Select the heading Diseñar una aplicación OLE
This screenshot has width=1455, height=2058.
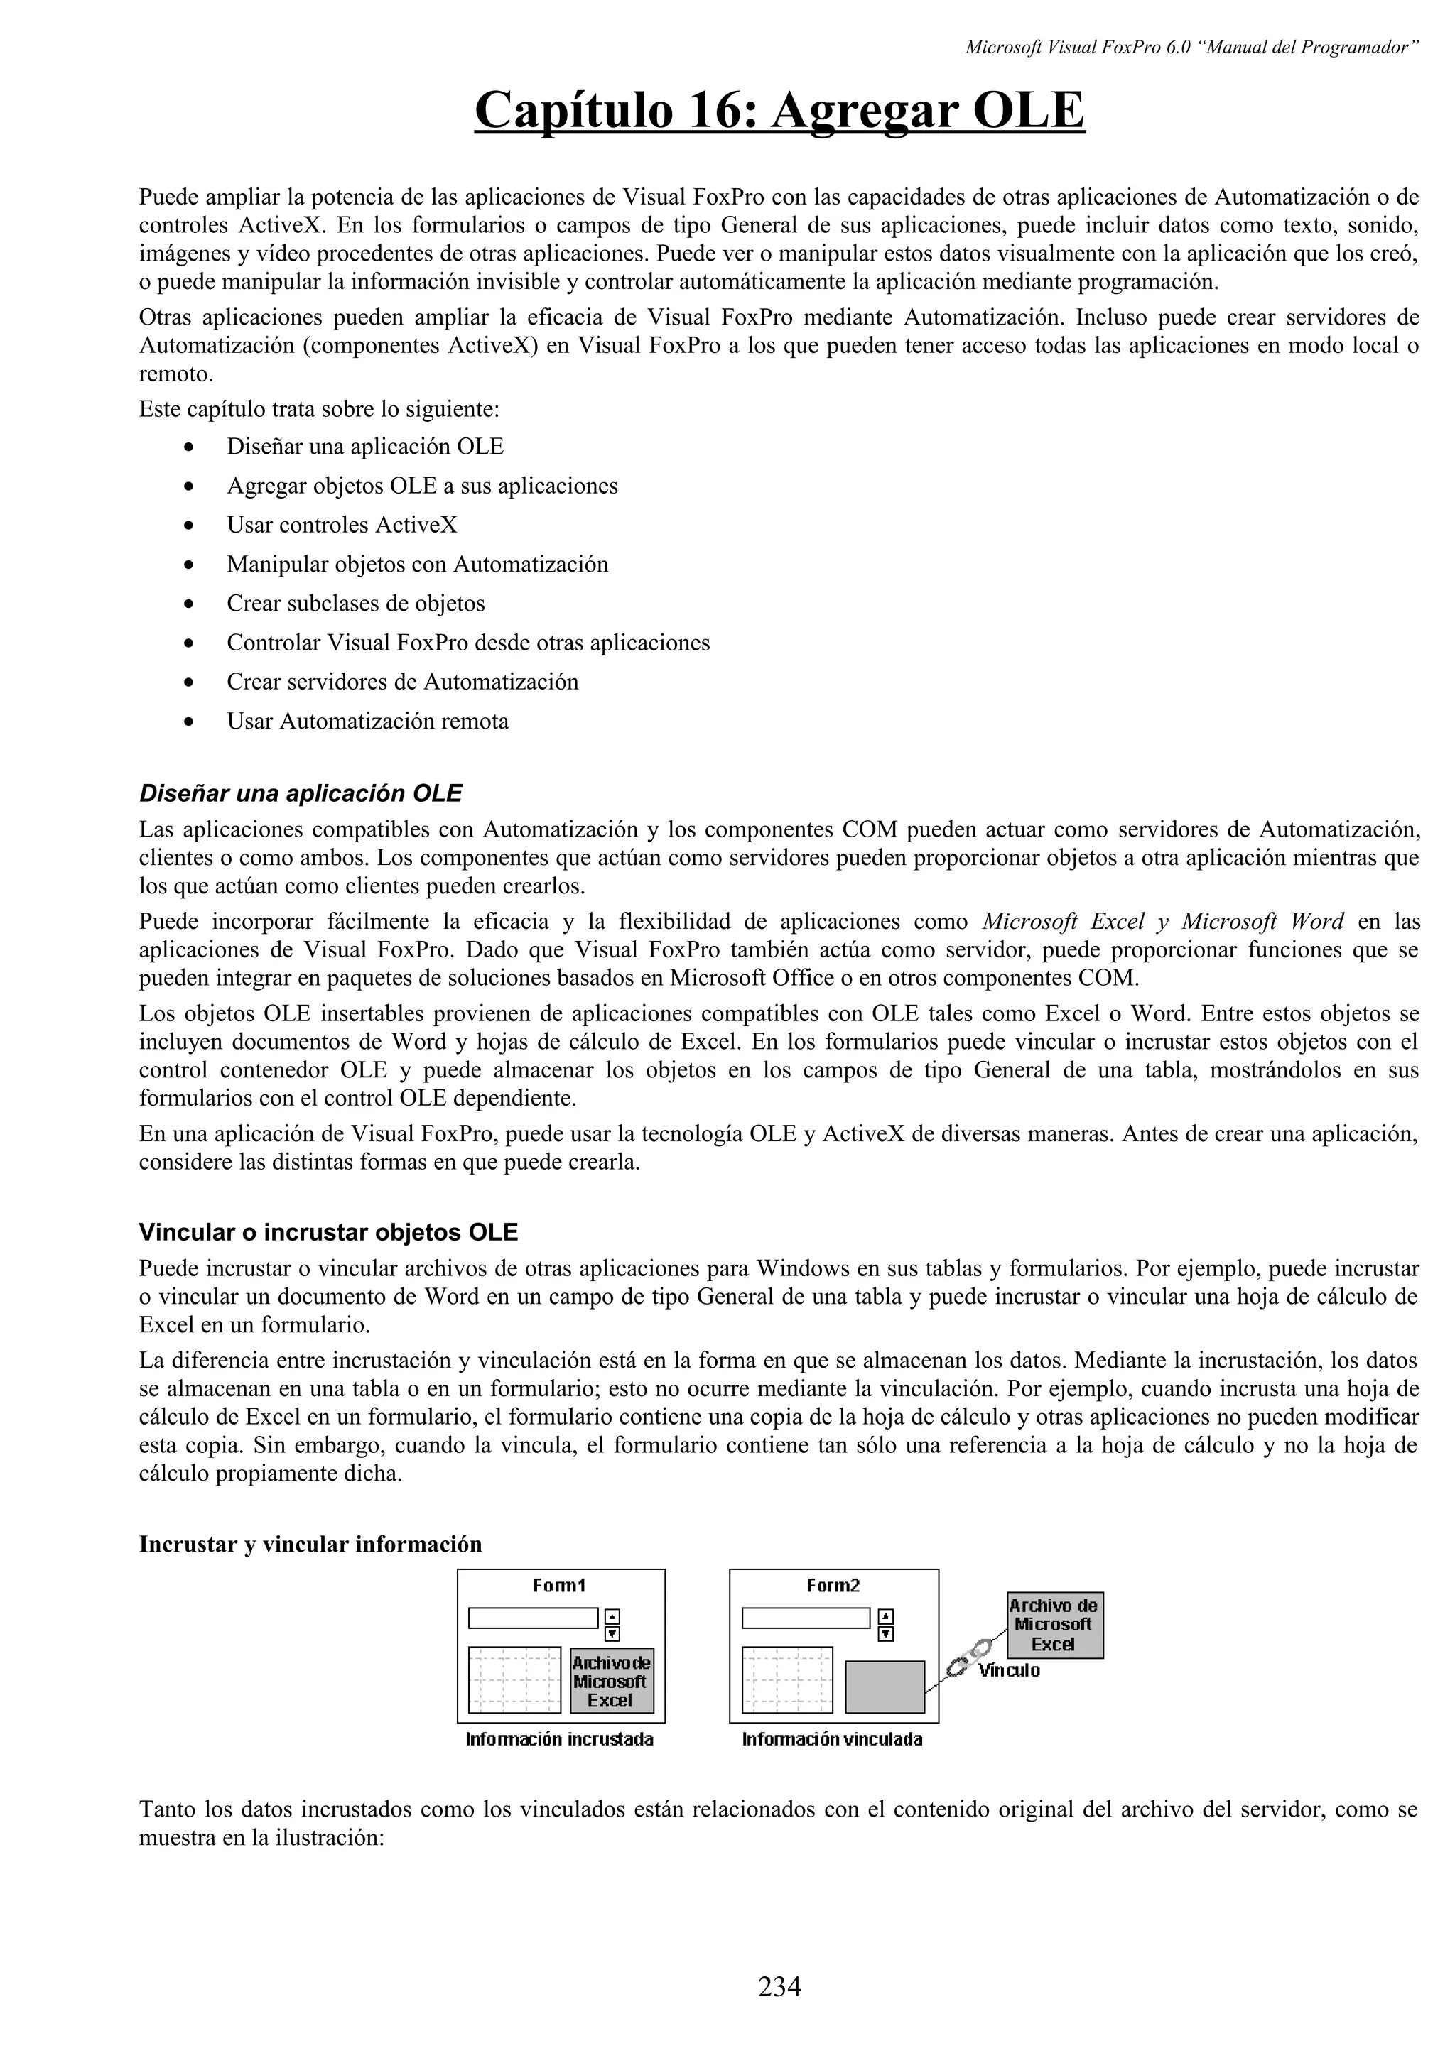301,793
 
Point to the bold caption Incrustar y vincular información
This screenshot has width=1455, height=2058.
310,1544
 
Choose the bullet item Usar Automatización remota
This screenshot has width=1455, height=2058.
367,721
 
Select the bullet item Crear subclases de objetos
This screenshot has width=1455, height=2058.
355,603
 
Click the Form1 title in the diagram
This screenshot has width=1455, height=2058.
558,1586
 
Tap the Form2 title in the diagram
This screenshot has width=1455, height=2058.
833,1586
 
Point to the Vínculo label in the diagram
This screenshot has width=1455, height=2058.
1010,1671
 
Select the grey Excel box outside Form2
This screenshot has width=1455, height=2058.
1054,1625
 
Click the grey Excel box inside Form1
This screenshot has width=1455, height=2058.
612,1682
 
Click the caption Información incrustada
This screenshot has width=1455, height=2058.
559,1740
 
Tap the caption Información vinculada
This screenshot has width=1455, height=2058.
832,1740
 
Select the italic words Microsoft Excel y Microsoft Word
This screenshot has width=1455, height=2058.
1163,922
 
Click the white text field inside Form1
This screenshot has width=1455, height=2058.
533,1618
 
